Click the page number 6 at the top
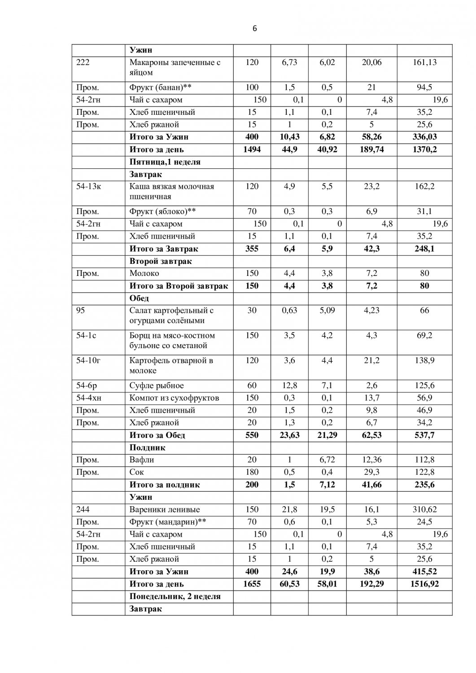(255, 29)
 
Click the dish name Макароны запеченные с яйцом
(175, 67)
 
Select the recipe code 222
(83, 62)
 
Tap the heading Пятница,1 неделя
(165, 162)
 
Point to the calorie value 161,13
(424, 62)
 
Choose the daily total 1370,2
(424, 149)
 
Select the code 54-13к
(88, 187)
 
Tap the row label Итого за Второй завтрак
(179, 286)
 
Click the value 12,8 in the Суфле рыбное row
(289, 385)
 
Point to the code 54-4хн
(89, 398)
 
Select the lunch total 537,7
(424, 435)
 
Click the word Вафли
(142, 460)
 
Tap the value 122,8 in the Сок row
(424, 472)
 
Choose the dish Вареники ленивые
(165, 510)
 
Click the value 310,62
(424, 510)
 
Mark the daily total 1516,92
(424, 584)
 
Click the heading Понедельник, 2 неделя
(175, 596)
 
